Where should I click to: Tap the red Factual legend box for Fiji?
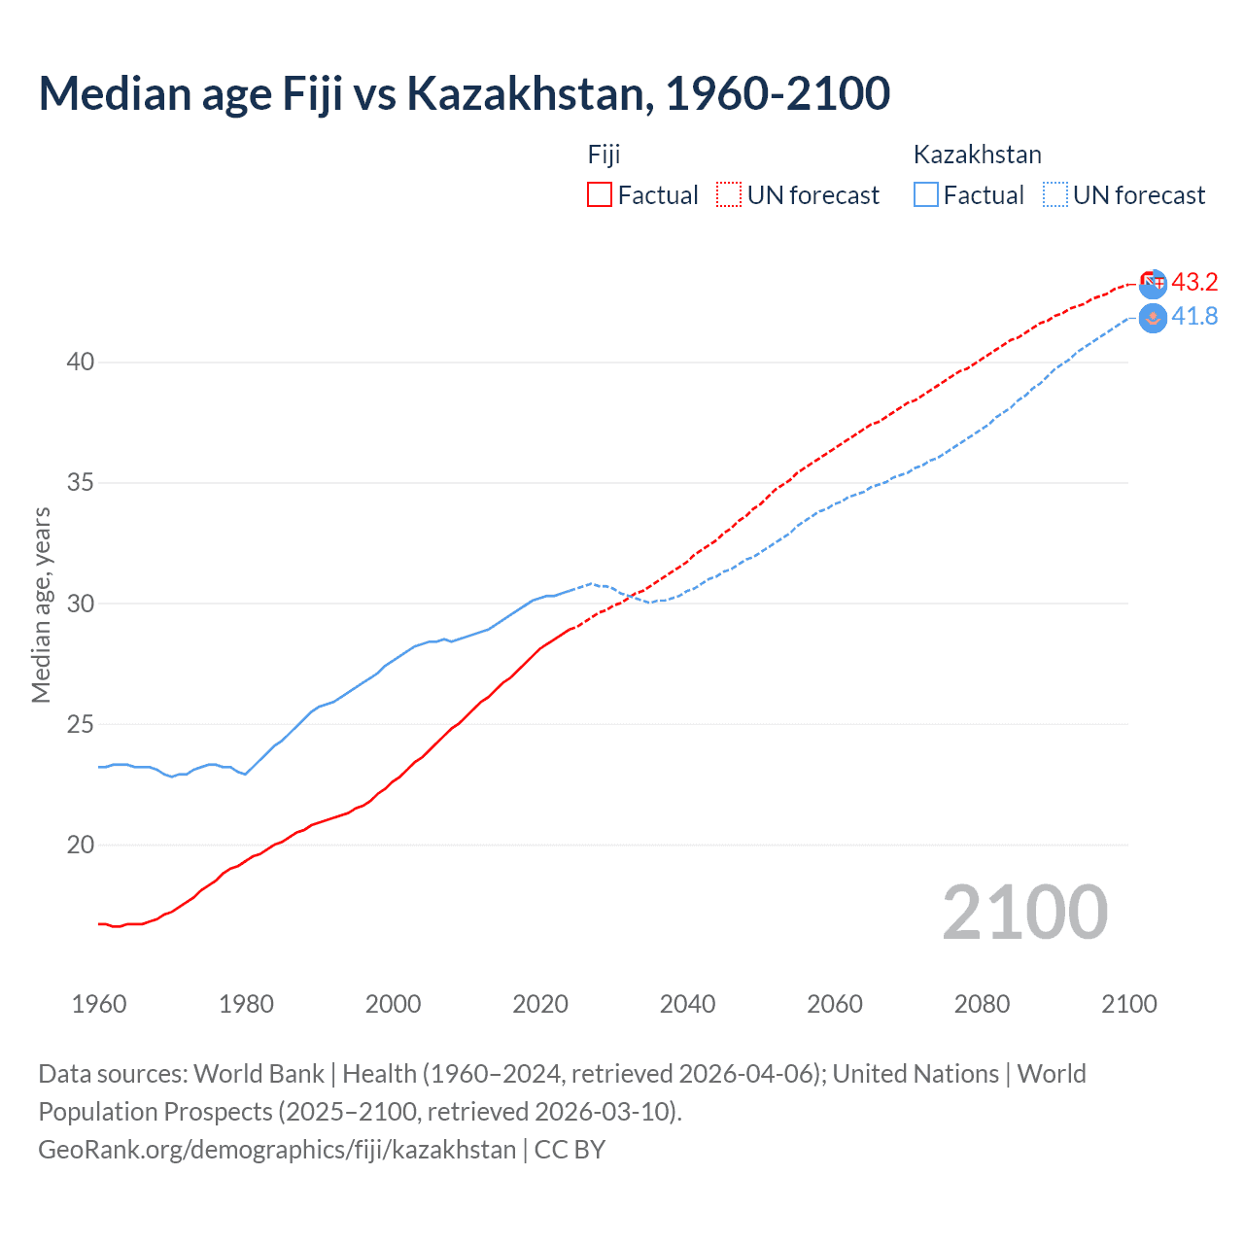click(600, 194)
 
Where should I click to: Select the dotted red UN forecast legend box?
click(729, 194)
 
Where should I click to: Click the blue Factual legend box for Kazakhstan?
click(926, 194)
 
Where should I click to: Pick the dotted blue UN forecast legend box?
click(1054, 194)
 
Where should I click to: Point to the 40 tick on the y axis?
click(81, 363)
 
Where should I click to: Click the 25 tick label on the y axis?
click(81, 724)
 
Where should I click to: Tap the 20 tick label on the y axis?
click(81, 845)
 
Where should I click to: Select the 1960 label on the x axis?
click(99, 1004)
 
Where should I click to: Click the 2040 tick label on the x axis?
click(687, 1004)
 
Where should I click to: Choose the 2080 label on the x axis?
click(982, 1004)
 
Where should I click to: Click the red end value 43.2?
click(1194, 282)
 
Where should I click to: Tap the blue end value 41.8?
click(1194, 317)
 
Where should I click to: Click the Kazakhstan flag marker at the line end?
click(1153, 318)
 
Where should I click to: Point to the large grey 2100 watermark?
click(1024, 912)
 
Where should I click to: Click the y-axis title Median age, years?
click(41, 605)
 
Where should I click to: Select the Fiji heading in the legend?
click(604, 155)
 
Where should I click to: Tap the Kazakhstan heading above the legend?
click(977, 155)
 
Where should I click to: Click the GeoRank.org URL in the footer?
click(277, 1150)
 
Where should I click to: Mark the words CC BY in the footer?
click(570, 1150)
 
